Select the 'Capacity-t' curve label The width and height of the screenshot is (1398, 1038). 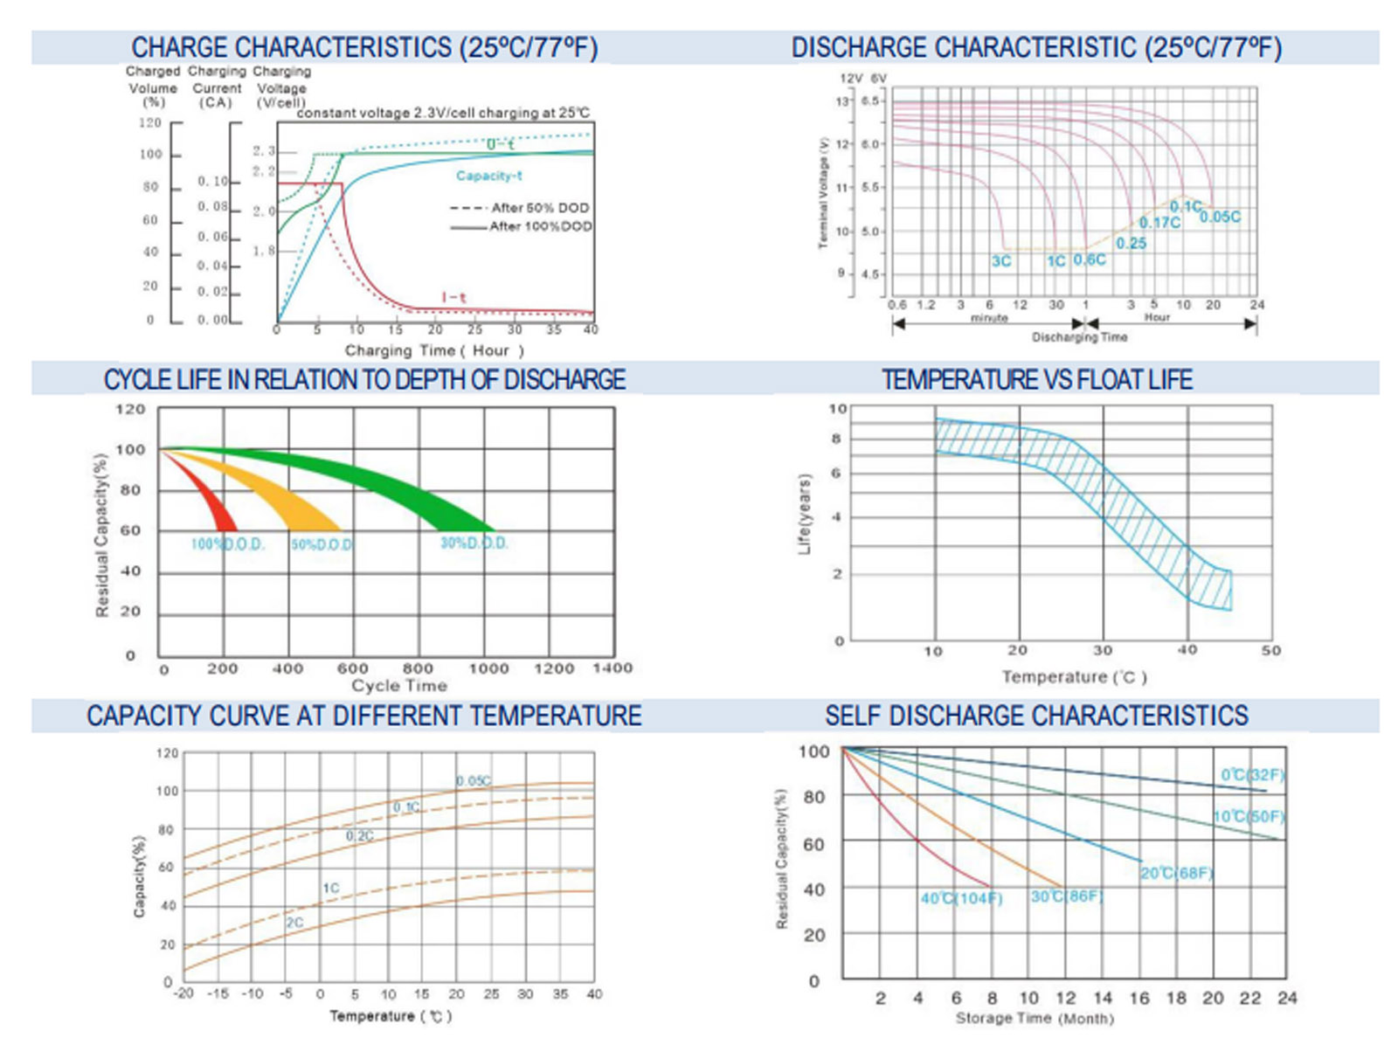[488, 176]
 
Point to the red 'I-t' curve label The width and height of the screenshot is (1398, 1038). [453, 298]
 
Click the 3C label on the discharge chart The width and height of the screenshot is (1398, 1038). [1000, 261]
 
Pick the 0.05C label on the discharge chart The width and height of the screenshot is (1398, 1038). [1220, 217]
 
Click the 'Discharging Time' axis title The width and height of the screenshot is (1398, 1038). [1079, 337]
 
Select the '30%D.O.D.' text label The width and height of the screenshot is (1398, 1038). [474, 543]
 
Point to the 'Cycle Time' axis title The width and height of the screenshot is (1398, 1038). [399, 686]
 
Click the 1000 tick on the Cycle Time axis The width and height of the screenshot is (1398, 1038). [488, 668]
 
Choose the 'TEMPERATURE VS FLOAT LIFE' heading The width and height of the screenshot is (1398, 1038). [1036, 380]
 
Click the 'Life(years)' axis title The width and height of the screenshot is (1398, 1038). [805, 515]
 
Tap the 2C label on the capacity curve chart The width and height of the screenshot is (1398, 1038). [295, 923]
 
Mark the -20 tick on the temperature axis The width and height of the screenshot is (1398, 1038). [183, 994]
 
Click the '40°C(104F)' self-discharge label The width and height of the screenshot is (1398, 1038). [961, 899]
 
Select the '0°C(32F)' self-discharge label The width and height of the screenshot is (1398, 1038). [1252, 775]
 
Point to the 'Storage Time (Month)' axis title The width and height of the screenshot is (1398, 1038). [1035, 1018]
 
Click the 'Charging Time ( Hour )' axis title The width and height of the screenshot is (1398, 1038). [434, 350]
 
